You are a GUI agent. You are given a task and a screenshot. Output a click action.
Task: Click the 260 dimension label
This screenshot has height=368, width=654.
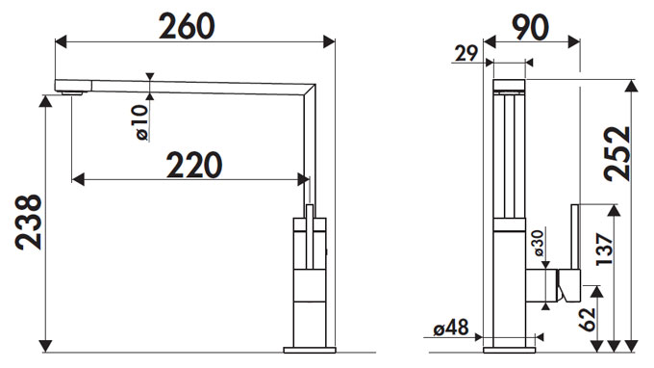pyautogui.click(x=187, y=26)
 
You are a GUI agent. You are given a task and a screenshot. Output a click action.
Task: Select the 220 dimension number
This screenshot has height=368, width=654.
pyautogui.click(x=194, y=165)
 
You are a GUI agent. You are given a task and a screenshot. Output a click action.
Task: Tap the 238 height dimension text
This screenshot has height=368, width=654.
pyautogui.click(x=28, y=223)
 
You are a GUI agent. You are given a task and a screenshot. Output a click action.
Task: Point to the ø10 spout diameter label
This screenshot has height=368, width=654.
pyautogui.click(x=141, y=122)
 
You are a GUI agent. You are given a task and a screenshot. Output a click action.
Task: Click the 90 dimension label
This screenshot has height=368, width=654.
pyautogui.click(x=530, y=28)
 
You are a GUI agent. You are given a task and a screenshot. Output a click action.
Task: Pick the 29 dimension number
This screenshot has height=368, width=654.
pyautogui.click(x=465, y=54)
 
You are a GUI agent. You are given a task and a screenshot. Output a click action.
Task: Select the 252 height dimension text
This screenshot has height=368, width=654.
pyautogui.click(x=618, y=154)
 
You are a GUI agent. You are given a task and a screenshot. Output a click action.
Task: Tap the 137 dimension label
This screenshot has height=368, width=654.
pyautogui.click(x=604, y=249)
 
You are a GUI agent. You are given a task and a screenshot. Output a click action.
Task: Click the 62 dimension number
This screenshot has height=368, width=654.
pyautogui.click(x=588, y=320)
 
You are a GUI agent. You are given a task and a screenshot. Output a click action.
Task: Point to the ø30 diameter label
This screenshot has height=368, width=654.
pyautogui.click(x=539, y=243)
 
